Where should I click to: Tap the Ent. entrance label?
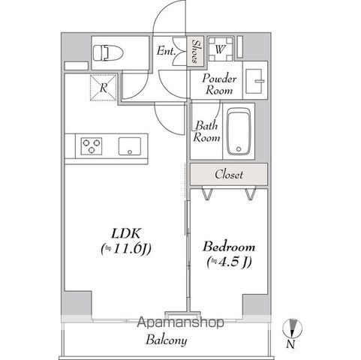click(x=166, y=52)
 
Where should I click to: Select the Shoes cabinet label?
click(x=195, y=52)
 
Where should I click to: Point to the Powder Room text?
click(x=219, y=83)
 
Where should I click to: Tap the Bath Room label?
click(x=206, y=132)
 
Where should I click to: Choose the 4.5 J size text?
click(x=228, y=262)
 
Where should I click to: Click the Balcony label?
click(x=166, y=340)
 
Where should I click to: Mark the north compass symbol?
click(x=293, y=328)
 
